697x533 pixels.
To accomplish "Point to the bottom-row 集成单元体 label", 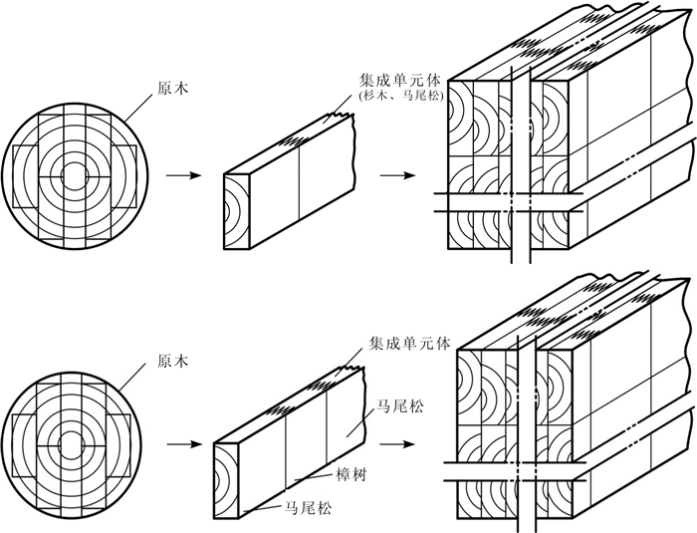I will [x=410, y=342].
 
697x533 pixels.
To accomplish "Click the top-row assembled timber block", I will [x=568, y=149].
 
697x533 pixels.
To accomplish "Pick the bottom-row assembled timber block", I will [x=568, y=418].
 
